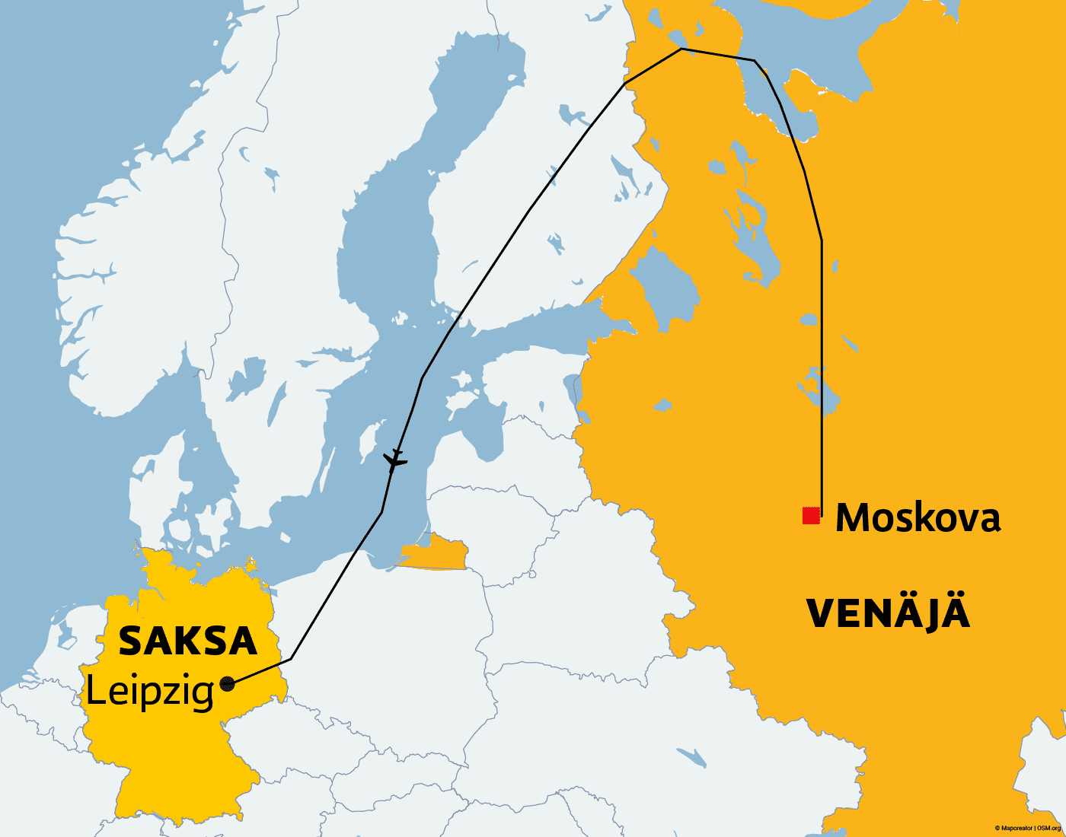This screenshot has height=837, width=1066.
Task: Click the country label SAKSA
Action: (187, 641)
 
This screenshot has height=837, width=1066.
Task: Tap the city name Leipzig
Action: (149, 692)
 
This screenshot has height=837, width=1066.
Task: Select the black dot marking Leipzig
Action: (227, 683)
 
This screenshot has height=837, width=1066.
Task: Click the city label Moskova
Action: (918, 517)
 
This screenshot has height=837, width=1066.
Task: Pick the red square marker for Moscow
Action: (811, 516)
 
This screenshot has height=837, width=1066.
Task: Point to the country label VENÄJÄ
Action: (888, 613)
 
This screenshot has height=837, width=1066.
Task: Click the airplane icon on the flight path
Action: (394, 460)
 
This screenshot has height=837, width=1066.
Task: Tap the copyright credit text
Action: (1027, 828)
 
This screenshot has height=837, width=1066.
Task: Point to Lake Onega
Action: (750, 228)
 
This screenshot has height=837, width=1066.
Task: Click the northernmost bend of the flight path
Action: (681, 49)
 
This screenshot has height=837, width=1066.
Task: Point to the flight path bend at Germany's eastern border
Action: (291, 659)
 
